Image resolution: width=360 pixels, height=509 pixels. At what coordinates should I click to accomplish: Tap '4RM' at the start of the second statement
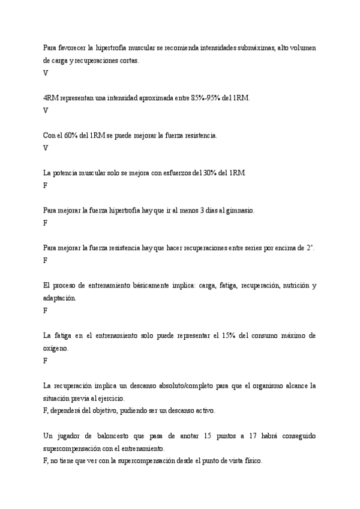click(x=51, y=98)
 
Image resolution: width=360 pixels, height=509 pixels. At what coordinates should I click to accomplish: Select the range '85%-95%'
click(x=206, y=98)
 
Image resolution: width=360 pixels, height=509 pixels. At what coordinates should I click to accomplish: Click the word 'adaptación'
click(x=60, y=298)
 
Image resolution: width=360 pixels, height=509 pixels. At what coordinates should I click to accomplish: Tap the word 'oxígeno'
click(x=56, y=348)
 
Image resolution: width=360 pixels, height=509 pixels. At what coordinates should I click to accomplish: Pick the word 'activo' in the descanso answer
click(x=203, y=411)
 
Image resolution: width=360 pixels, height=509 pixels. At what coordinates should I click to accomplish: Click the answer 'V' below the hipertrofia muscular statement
click(x=46, y=73)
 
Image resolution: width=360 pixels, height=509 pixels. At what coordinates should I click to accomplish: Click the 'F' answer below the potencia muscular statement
click(x=46, y=185)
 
